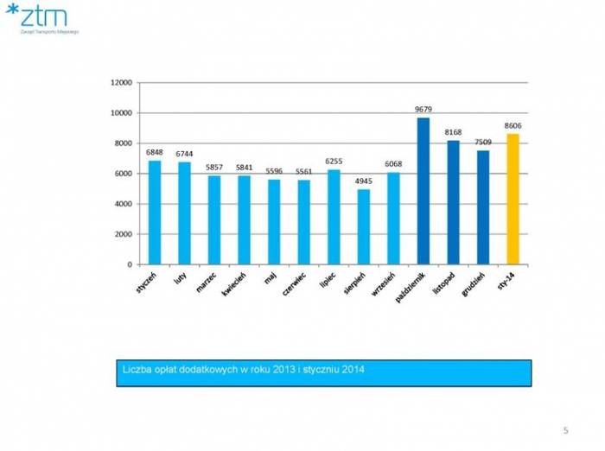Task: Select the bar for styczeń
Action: pyautogui.click(x=155, y=213)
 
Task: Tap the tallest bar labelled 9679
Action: pyautogui.click(x=423, y=191)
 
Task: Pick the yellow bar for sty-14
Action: pyautogui.click(x=513, y=199)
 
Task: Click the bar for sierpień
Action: pyautogui.click(x=364, y=226)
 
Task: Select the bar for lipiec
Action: pyautogui.click(x=334, y=217)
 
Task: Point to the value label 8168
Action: pyautogui.click(x=453, y=132)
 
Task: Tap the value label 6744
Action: pyautogui.click(x=184, y=154)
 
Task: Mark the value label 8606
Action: pyautogui.click(x=513, y=125)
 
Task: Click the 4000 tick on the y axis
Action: pyautogui.click(x=122, y=204)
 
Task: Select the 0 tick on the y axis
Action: pyautogui.click(x=128, y=264)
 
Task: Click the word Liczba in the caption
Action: pyautogui.click(x=135, y=371)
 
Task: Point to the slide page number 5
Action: pyautogui.click(x=565, y=429)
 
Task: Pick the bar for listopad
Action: pyautogui.click(x=453, y=202)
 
